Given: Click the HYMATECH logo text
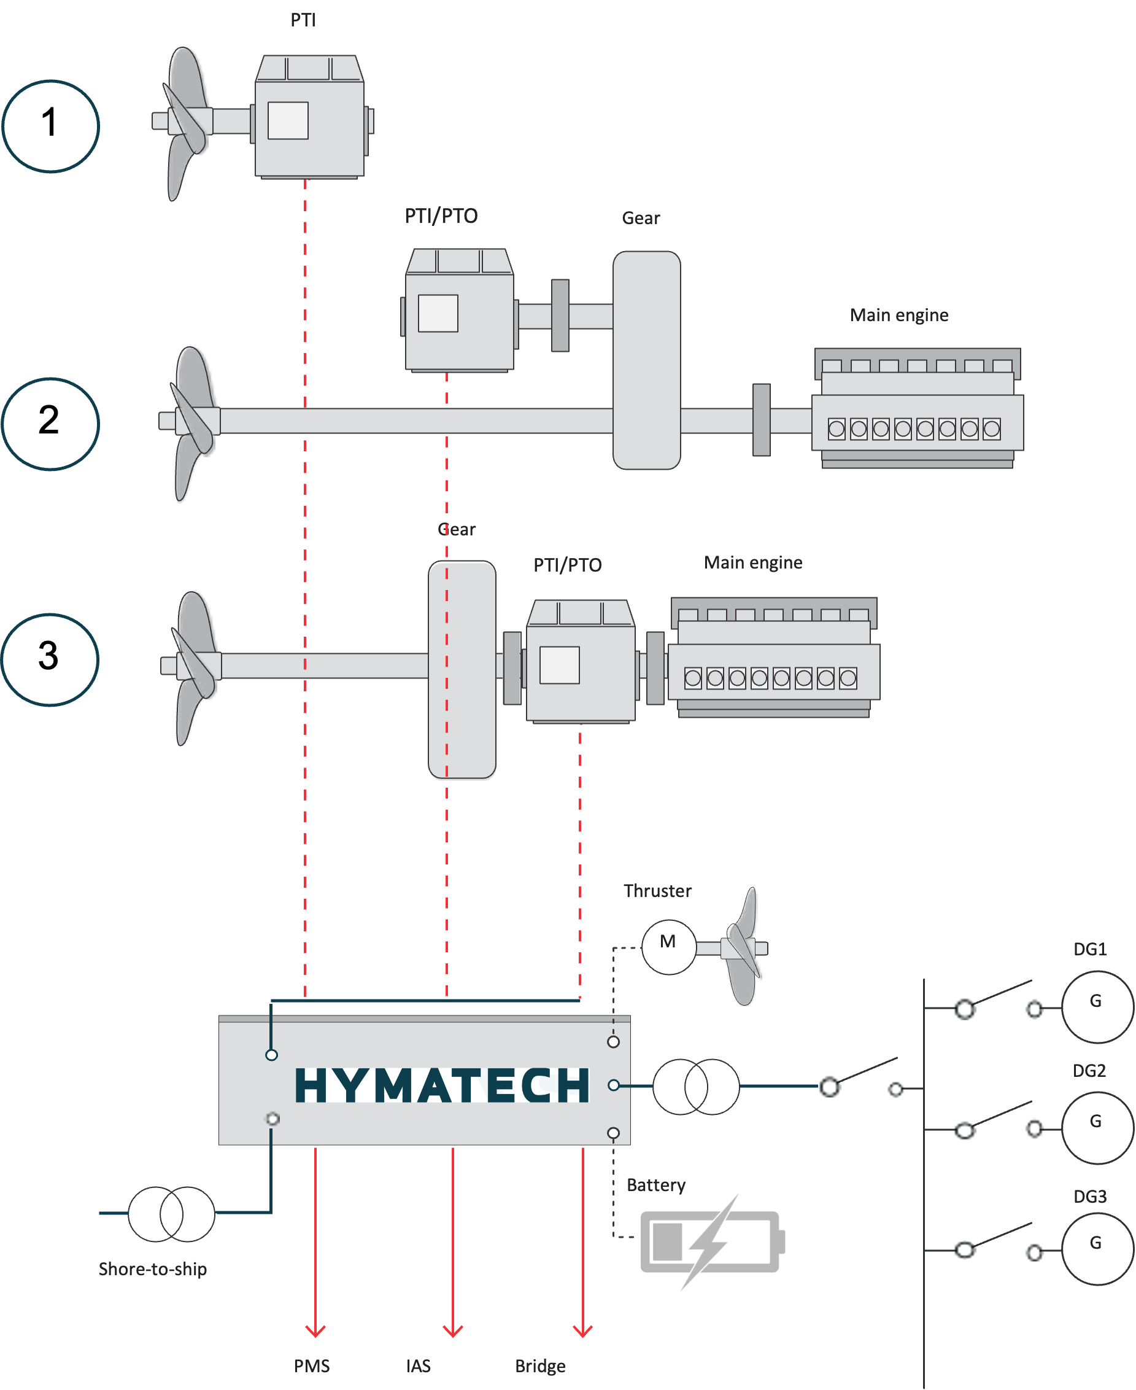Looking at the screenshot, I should [x=442, y=1085].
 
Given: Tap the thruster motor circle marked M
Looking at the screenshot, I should [x=668, y=947].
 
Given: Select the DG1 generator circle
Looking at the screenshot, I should [x=1097, y=1006].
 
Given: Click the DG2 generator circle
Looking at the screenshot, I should [x=1097, y=1127].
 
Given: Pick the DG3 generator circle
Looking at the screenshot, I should [x=1097, y=1249].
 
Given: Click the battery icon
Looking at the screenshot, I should [x=712, y=1242].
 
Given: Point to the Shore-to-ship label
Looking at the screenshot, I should [x=152, y=1269].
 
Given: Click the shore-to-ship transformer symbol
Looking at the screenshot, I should [x=171, y=1214].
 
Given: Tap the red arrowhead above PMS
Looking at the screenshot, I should [x=315, y=1330].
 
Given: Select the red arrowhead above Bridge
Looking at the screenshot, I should [x=582, y=1330].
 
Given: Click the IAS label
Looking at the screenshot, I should [x=418, y=1366].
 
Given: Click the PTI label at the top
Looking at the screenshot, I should [x=303, y=20].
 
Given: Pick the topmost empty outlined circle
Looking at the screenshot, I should [x=50, y=126].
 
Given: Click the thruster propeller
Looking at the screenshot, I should [x=743, y=947].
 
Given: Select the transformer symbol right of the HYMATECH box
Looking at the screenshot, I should [x=695, y=1086].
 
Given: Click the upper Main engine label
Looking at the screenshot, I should [x=898, y=315].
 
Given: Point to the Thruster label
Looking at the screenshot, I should [x=657, y=890].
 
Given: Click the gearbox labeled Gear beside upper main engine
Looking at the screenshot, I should [x=646, y=360].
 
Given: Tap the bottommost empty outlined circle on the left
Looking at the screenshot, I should [x=50, y=659].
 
